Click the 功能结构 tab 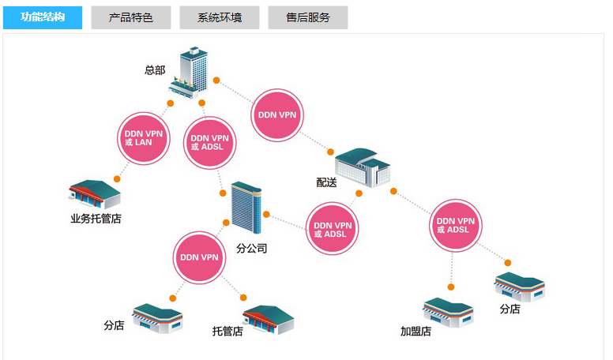pos(43,17)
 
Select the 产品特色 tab pos(131,17)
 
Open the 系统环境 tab pos(220,17)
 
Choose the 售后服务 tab pos(308,17)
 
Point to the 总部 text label pos(155,70)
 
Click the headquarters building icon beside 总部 pos(190,71)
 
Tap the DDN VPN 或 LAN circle pos(144,138)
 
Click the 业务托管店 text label pos(96,219)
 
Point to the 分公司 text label pos(251,249)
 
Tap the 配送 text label pos(326,182)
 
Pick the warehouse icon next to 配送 pos(362,167)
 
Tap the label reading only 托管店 pos(228,331)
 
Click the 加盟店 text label pos(416,332)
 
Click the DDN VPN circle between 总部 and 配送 pos(277,114)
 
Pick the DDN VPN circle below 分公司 pos(199,257)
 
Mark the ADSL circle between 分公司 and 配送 pos(330,229)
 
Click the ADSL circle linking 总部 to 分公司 pos(210,142)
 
